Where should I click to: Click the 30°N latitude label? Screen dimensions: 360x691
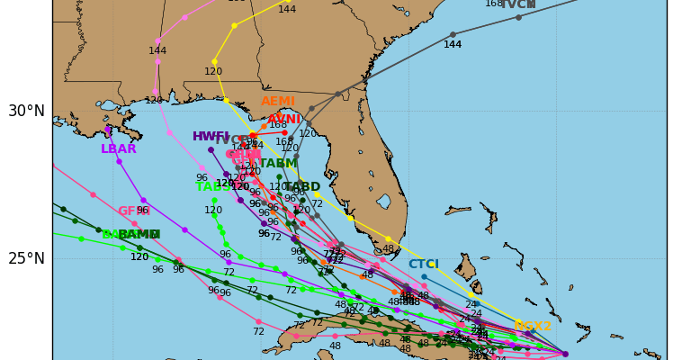[26, 111]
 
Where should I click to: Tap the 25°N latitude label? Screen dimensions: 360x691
[26, 258]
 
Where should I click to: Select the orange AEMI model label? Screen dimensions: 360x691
[278, 102]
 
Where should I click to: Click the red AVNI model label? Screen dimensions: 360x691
[284, 120]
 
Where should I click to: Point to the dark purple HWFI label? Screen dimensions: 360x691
[211, 137]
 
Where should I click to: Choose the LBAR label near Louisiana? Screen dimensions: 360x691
[119, 149]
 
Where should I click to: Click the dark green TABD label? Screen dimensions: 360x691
[302, 187]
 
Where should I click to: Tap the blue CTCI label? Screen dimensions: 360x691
[424, 265]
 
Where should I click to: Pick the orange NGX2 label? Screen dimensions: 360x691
[533, 327]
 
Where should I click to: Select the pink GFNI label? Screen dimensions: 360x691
[133, 211]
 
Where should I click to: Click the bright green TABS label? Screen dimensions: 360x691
[212, 186]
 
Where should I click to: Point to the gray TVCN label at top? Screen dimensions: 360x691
[517, 4]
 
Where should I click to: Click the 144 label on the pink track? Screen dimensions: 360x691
[157, 51]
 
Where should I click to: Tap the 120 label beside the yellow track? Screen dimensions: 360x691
[213, 72]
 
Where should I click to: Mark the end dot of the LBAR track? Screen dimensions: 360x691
[107, 130]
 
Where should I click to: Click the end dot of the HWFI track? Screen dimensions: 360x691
[211, 149]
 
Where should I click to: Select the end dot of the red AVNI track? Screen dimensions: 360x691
[284, 132]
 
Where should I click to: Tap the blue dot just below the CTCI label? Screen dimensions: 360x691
[424, 276]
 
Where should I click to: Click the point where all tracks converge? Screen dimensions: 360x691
[565, 354]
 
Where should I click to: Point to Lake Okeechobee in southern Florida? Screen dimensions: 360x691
[384, 201]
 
